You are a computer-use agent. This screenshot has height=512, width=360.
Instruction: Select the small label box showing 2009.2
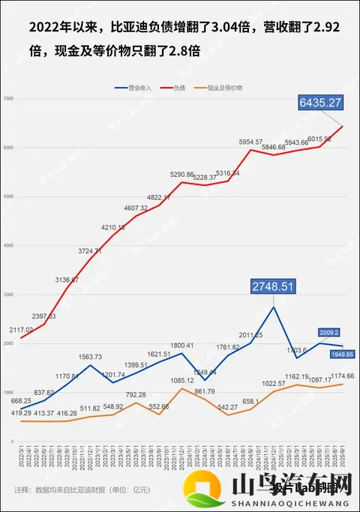point(330,332)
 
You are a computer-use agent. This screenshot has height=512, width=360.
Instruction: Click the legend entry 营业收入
point(134,88)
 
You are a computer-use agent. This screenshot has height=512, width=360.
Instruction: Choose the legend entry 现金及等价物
point(224,88)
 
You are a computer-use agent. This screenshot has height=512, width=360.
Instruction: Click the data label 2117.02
point(20,330)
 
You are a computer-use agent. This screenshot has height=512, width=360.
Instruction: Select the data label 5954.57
point(250,142)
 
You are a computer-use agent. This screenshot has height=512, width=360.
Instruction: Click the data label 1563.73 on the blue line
point(90,357)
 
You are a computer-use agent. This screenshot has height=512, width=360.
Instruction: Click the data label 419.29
point(20,412)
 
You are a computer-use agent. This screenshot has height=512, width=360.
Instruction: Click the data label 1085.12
point(183,379)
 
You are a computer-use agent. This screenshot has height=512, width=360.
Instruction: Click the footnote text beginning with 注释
point(82,490)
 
